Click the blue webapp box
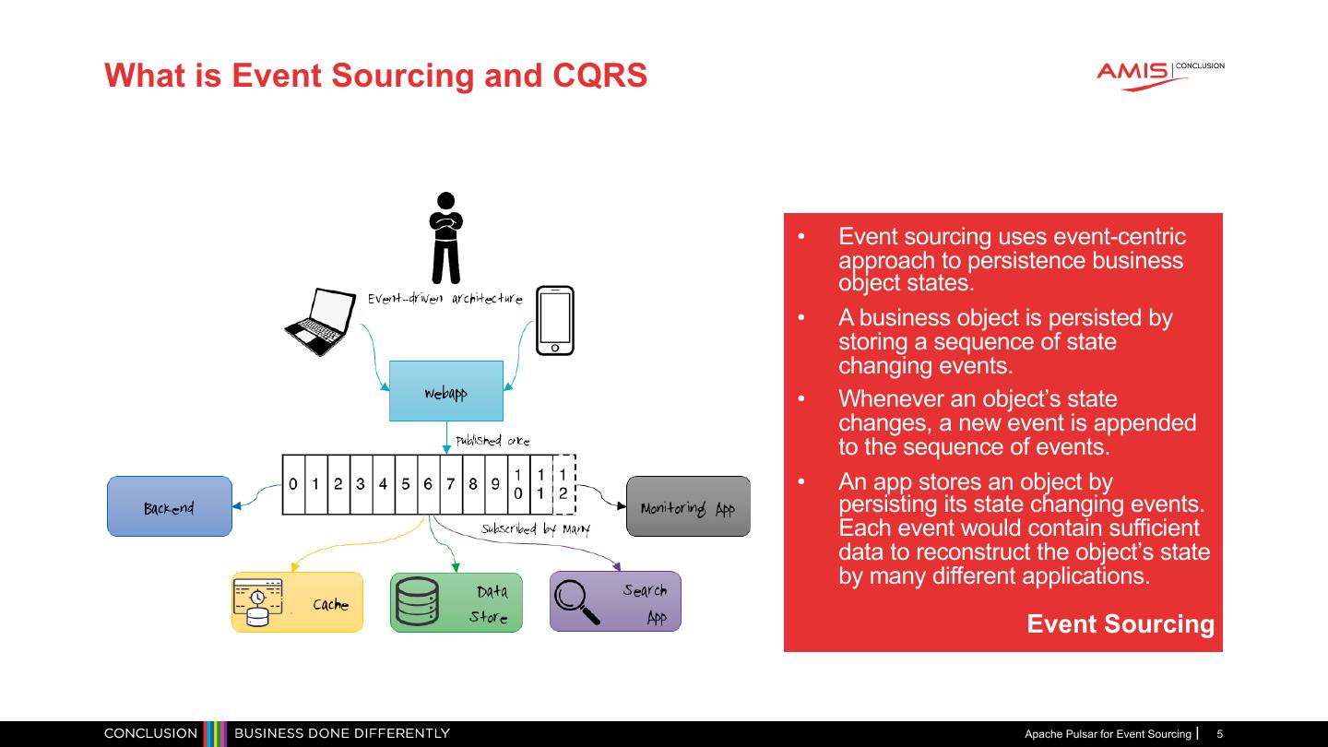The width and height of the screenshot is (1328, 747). point(445,391)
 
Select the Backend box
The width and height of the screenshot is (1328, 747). point(170,506)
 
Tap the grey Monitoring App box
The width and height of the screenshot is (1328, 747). point(688,506)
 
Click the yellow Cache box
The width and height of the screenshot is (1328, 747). point(297,602)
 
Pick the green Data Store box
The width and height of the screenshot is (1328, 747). point(456,602)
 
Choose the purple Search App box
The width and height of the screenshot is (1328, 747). point(615,601)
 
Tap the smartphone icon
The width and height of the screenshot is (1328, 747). point(555,320)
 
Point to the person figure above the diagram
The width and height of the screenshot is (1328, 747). point(446,238)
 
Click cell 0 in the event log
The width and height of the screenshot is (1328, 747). point(293,484)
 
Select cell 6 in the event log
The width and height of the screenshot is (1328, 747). point(428,484)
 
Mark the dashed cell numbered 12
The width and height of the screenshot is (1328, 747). point(563,484)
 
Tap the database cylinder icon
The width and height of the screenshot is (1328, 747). point(417,601)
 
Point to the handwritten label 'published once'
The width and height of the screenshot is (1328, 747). point(492,441)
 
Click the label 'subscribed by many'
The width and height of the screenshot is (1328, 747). point(535,529)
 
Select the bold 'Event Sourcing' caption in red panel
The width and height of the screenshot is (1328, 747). point(1120,624)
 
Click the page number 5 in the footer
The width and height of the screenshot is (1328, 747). point(1220,734)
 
